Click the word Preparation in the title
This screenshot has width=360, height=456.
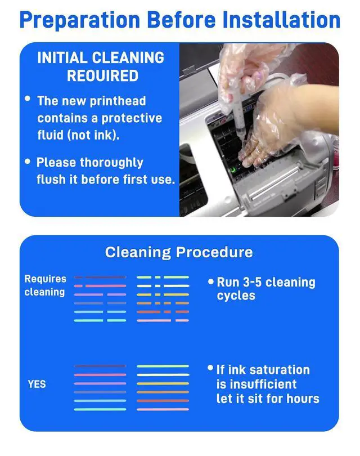[x=80, y=21]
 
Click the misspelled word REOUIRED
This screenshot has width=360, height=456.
[x=102, y=76]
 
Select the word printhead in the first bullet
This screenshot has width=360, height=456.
[x=118, y=101]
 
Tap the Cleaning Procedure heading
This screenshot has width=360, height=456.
[x=179, y=252]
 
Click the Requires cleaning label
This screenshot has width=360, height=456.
[x=45, y=285]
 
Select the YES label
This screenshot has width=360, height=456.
[x=37, y=384]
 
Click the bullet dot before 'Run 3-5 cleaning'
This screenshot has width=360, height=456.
[x=210, y=281]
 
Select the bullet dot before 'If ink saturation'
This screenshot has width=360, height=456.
[x=210, y=368]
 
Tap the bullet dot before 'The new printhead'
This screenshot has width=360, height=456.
[x=28, y=99]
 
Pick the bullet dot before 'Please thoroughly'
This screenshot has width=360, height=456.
[x=28, y=161]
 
